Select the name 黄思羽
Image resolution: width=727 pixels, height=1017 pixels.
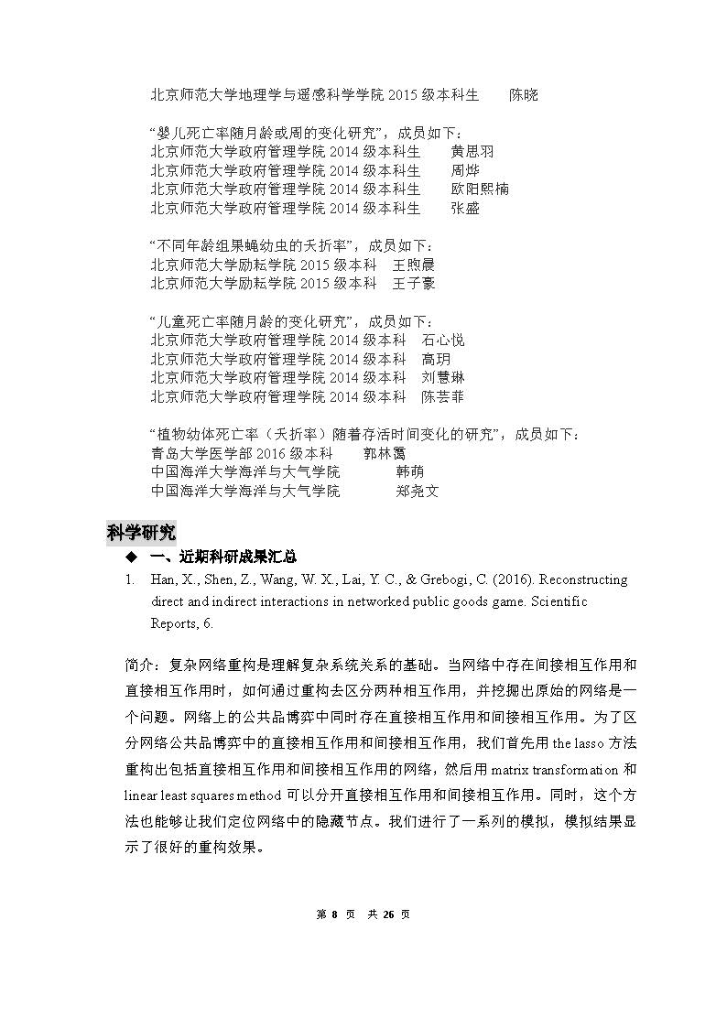(472, 151)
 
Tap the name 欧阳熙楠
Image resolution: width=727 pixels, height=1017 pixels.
(480, 189)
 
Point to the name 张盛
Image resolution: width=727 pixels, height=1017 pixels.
(465, 208)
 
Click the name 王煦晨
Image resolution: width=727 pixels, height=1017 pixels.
(414, 265)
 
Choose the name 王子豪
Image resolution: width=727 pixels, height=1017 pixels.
(414, 284)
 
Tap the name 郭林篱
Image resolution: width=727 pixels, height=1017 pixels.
(385, 453)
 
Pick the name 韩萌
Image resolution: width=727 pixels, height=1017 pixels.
(410, 472)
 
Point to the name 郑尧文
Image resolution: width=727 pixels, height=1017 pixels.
(418, 492)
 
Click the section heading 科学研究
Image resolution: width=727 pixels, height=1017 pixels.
(141, 533)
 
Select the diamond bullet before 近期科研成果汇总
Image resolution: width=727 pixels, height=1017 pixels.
(130, 557)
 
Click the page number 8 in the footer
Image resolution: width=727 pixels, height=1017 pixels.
(335, 914)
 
